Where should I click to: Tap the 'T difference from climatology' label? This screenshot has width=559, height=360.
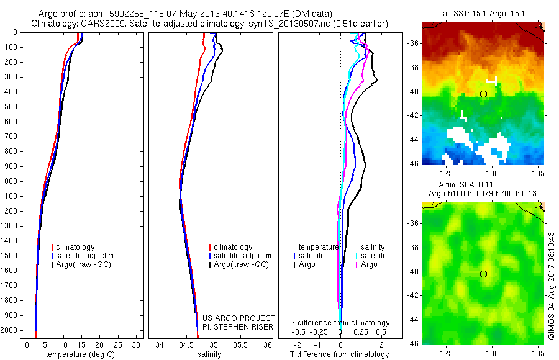(339, 354)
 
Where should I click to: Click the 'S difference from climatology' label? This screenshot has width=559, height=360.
(340, 323)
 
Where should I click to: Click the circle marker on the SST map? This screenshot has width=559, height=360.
(483, 94)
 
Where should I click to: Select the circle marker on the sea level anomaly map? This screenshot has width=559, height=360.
(483, 274)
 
